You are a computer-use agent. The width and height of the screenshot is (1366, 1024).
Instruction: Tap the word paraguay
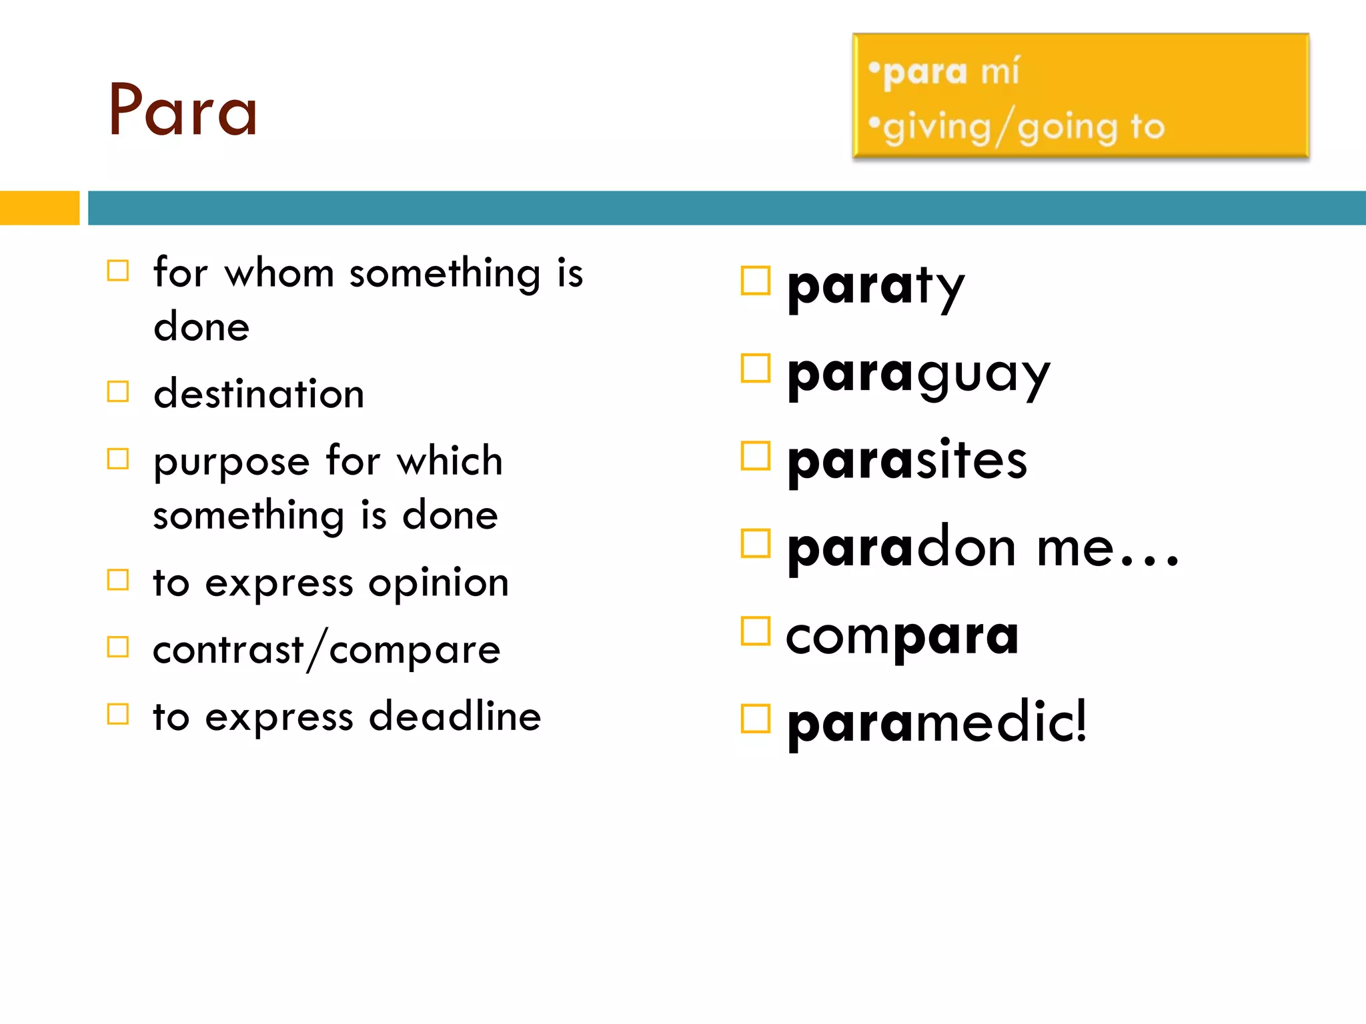click(x=918, y=375)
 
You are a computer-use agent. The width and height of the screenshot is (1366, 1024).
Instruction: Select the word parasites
click(x=906, y=461)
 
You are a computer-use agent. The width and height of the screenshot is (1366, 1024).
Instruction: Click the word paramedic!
click(x=936, y=723)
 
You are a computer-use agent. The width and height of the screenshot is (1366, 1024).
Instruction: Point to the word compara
click(x=902, y=636)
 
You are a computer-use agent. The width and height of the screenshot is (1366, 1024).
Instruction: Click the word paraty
click(x=875, y=287)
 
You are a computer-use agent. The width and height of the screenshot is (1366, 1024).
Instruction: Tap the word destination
click(x=259, y=393)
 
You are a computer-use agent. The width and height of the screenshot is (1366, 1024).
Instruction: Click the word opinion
click(x=439, y=583)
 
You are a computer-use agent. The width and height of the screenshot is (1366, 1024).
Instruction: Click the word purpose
click(x=231, y=462)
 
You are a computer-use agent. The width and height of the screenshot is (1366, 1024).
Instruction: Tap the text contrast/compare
click(x=326, y=650)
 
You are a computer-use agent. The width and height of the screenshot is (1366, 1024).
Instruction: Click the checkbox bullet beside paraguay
click(x=755, y=369)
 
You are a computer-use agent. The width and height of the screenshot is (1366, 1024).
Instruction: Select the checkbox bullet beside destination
click(x=118, y=392)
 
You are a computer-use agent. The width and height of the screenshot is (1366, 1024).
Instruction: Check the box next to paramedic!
click(x=755, y=719)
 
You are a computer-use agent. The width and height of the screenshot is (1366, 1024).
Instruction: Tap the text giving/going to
click(x=1023, y=127)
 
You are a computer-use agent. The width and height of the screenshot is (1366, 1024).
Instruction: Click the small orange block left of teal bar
click(x=39, y=208)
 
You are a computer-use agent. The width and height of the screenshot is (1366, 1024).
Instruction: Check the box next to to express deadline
click(x=118, y=714)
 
